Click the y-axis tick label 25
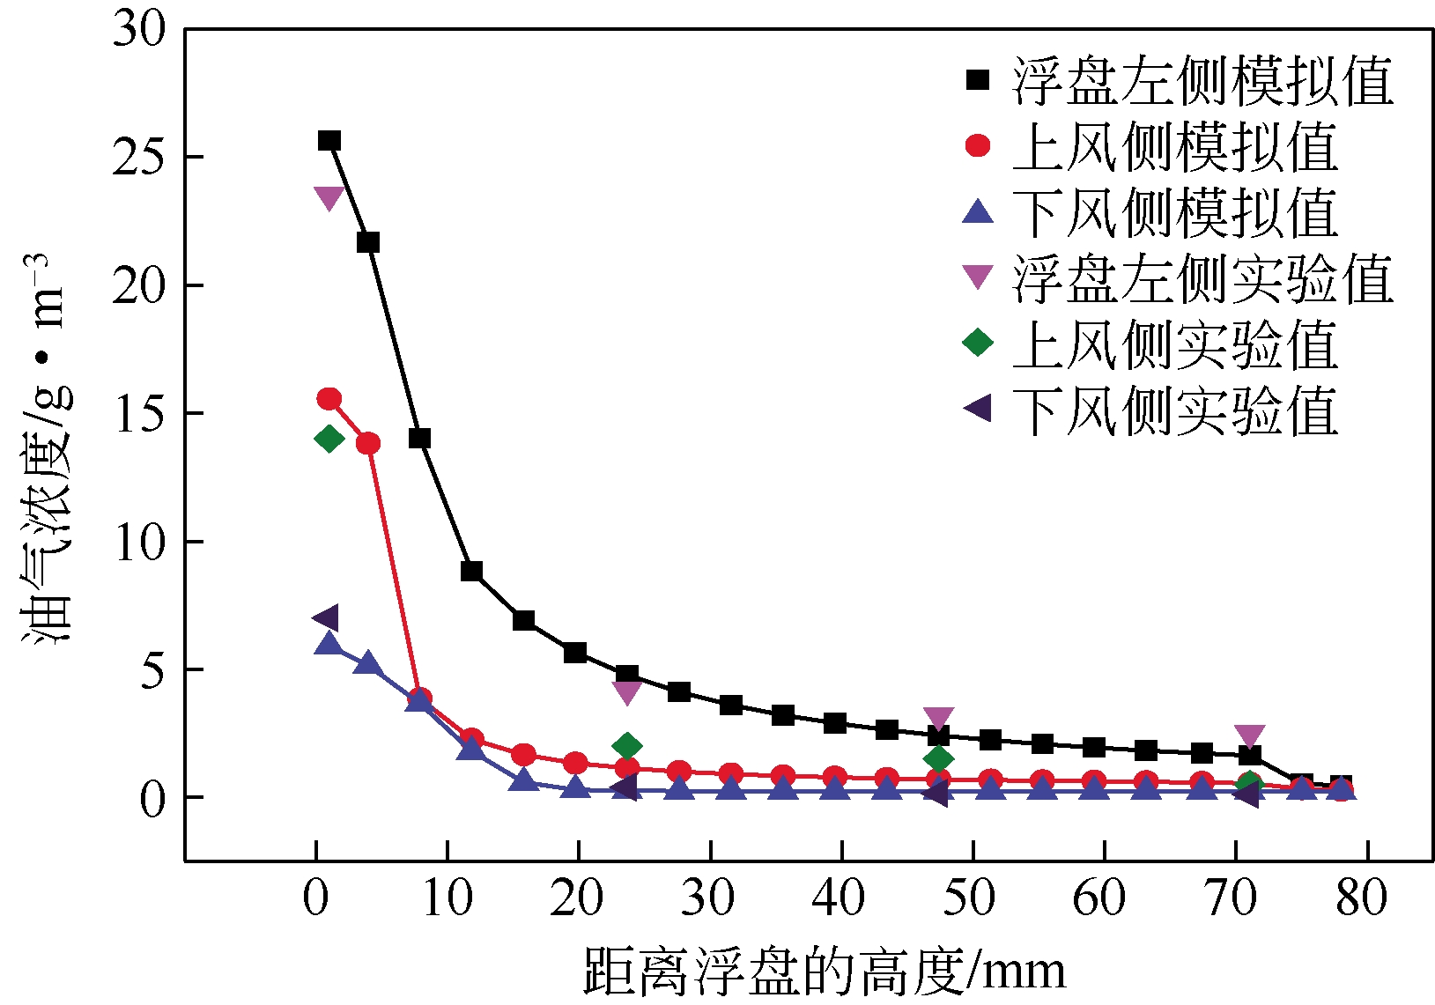139,157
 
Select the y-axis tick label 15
139,413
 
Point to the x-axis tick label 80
1362,898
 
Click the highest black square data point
329,141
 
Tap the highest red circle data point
329,399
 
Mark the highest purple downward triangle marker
329,198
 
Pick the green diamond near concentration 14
329,439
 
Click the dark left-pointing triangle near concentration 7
326,618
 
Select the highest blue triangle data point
328,644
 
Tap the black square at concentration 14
419,439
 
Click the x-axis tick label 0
315,898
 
